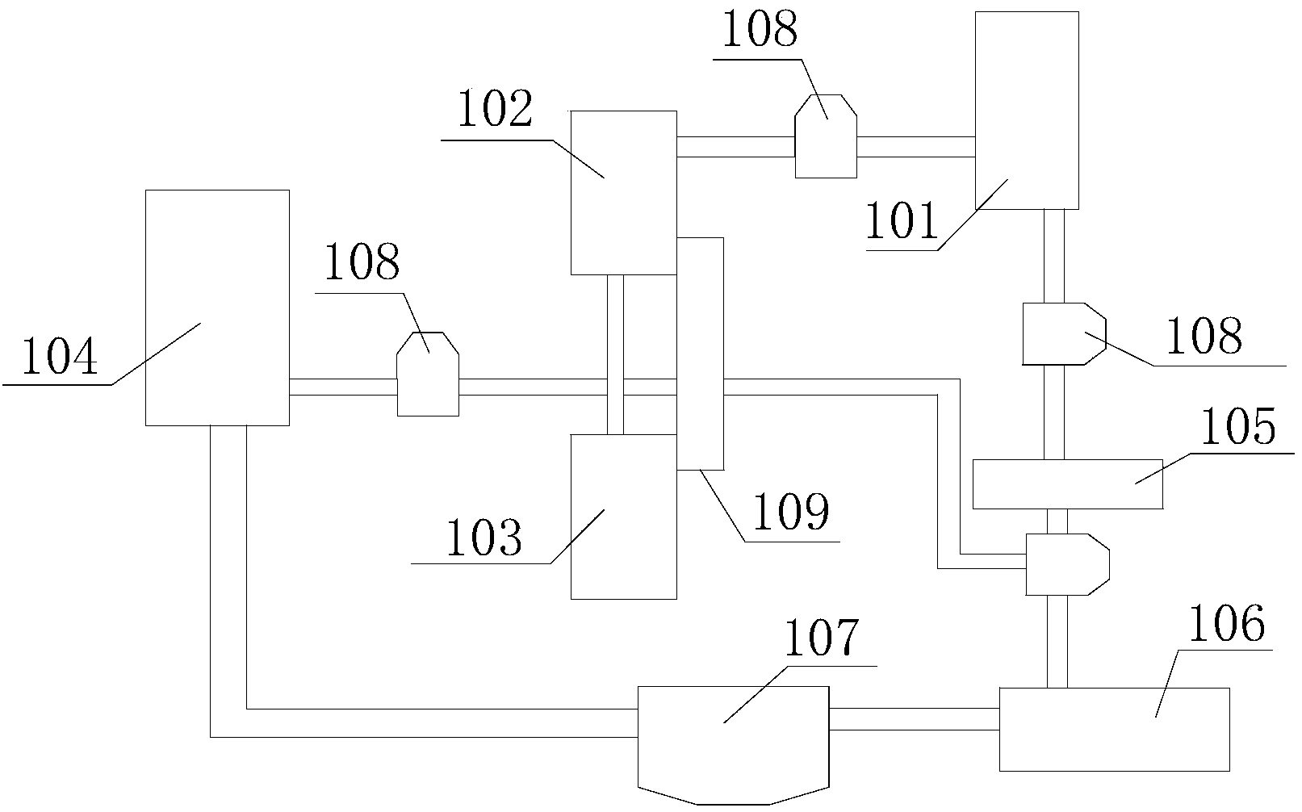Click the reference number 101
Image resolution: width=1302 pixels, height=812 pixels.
[902, 222]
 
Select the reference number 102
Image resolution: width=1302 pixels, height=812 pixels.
[495, 111]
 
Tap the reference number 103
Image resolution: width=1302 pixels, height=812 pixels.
[484, 538]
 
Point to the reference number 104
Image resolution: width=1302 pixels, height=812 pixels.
[59, 358]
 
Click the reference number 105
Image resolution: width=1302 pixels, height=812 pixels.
[1238, 427]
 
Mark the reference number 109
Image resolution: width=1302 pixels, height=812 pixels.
[791, 511]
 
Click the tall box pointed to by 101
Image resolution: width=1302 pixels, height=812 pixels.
[1027, 110]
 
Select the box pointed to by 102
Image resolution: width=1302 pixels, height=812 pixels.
[623, 192]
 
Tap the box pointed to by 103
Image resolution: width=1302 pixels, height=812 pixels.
[623, 517]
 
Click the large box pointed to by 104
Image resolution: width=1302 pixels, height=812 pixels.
[216, 307]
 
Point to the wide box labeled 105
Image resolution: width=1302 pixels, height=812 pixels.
[1067, 483]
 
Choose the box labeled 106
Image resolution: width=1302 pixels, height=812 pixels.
[1114, 728]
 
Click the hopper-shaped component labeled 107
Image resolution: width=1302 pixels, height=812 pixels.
[733, 743]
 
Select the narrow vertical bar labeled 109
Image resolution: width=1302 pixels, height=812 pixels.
[700, 353]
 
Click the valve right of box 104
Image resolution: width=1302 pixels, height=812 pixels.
[428, 375]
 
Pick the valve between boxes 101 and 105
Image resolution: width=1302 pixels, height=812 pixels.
[1061, 333]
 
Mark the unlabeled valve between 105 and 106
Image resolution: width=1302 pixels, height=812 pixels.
[1066, 563]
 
